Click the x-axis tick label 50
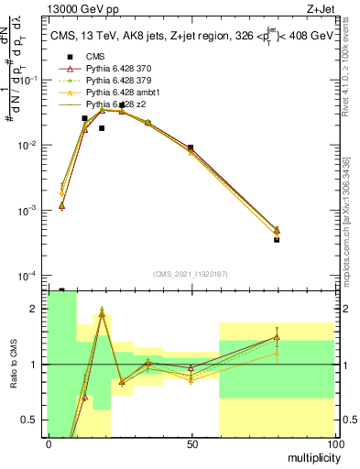click(191, 443)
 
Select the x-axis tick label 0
click(49, 443)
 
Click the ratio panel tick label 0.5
click(31, 420)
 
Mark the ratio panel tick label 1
click(35, 365)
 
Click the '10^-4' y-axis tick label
click(27, 276)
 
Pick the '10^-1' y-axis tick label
click(27, 81)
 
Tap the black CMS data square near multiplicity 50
click(191, 147)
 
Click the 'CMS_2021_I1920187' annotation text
click(190, 274)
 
